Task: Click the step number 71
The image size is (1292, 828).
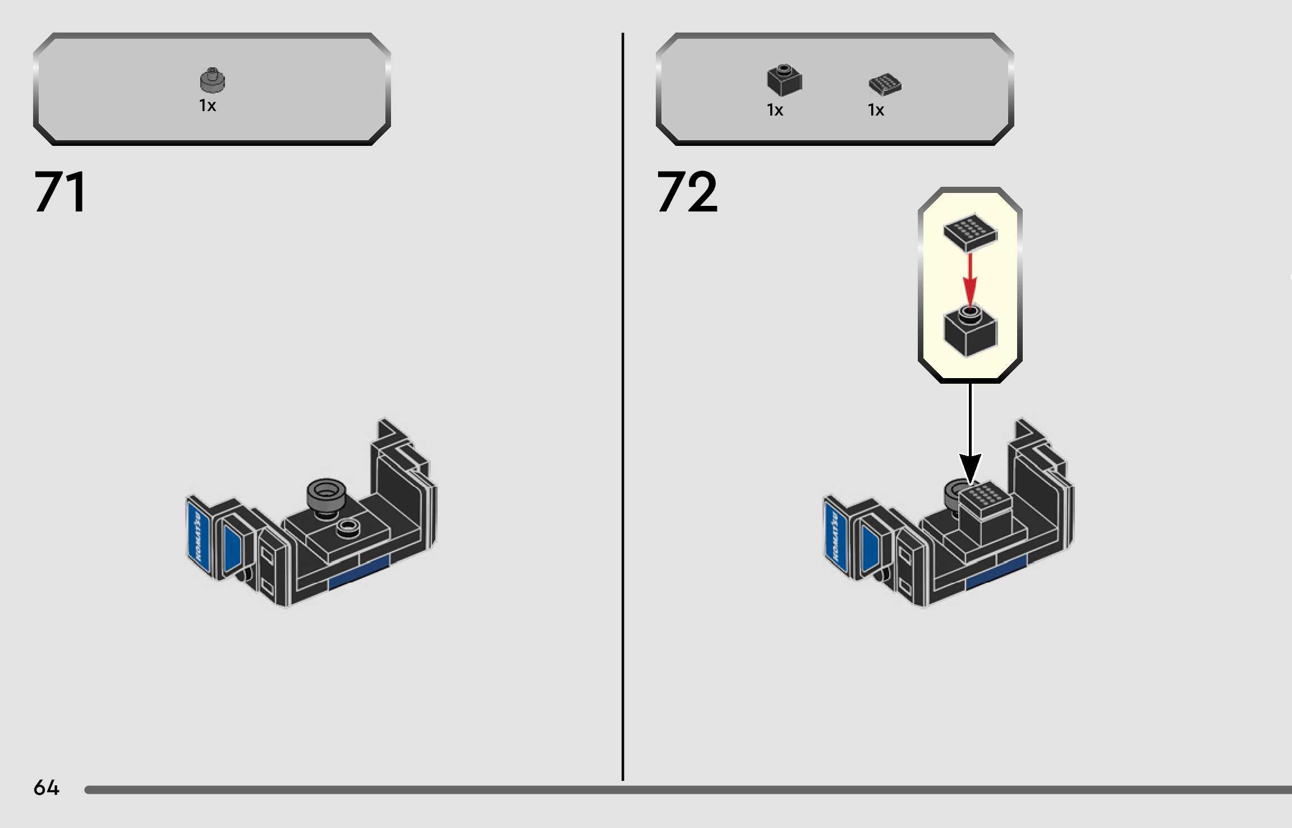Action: pyautogui.click(x=61, y=192)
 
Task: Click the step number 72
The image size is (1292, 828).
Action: pyautogui.click(x=687, y=192)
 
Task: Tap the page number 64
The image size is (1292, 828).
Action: pyautogui.click(x=46, y=788)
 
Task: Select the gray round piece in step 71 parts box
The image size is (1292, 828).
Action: pyautogui.click(x=212, y=80)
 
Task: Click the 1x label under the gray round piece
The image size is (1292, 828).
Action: pyautogui.click(x=208, y=105)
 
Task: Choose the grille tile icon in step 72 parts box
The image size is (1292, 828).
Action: pyautogui.click(x=885, y=84)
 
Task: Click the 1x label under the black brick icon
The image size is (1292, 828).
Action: pyautogui.click(x=775, y=110)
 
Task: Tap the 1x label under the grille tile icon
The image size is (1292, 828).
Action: pyautogui.click(x=876, y=110)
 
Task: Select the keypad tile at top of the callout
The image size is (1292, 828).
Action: pyautogui.click(x=970, y=232)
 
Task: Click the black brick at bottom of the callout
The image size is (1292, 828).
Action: pyautogui.click(x=970, y=332)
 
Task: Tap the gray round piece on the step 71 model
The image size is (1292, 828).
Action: pyautogui.click(x=326, y=494)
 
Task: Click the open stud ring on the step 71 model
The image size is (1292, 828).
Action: pyautogui.click(x=348, y=526)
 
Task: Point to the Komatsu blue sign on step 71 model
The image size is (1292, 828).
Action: pyautogui.click(x=199, y=536)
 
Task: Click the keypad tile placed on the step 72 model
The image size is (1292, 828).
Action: pyautogui.click(x=984, y=498)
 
